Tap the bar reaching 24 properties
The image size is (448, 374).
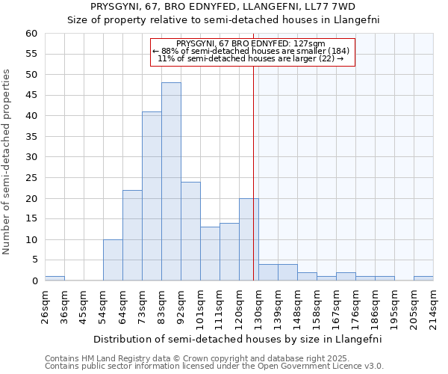(x=190, y=231)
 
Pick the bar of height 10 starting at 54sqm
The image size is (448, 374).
(x=113, y=260)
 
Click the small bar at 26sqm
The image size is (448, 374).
(x=55, y=278)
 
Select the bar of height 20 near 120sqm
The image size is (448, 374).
(x=249, y=239)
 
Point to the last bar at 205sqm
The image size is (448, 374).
(x=423, y=278)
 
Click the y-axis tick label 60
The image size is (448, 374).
(x=31, y=34)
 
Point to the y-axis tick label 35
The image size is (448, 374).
(x=31, y=137)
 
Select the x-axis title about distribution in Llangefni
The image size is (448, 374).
(x=238, y=339)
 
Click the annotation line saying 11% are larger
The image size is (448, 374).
(x=252, y=58)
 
